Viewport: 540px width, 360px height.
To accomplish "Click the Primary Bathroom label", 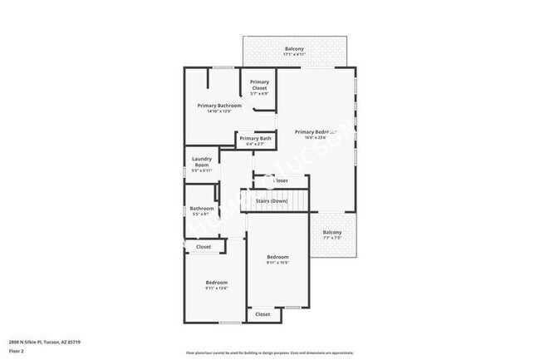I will click(219, 106).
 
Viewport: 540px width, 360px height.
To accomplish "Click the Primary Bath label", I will click(255, 138).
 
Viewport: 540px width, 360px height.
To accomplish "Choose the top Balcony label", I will click(294, 49).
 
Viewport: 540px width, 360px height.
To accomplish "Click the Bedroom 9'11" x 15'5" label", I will click(277, 259).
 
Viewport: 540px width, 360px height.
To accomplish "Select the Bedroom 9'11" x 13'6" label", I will click(216, 285).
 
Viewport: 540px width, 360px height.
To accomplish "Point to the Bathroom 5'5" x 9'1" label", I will click(201, 211).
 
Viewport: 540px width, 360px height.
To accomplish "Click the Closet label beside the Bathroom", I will click(204, 247).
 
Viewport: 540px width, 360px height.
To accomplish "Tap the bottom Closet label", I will click(263, 314).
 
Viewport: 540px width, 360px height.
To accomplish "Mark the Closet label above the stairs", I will click(279, 180).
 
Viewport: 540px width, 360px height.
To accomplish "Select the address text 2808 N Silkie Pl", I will click(45, 342).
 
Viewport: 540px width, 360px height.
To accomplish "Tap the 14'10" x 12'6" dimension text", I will click(219, 111).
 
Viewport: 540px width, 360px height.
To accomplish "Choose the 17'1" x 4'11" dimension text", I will click(294, 56).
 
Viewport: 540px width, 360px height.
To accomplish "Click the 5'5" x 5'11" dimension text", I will click(201, 170).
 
